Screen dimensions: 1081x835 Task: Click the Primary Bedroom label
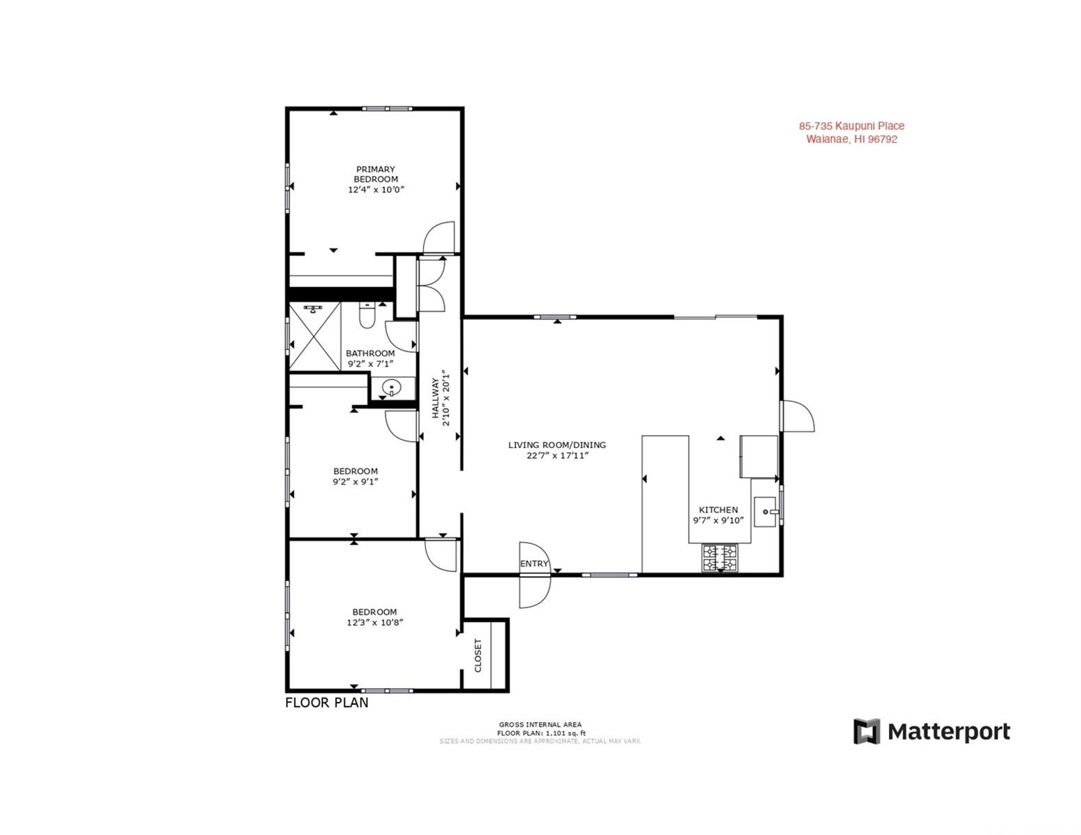(x=376, y=174)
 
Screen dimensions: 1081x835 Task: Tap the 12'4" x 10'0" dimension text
(x=376, y=189)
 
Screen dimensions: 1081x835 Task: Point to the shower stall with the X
(x=315, y=336)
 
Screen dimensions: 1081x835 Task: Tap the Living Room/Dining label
(x=557, y=445)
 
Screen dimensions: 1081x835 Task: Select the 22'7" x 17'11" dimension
(x=558, y=456)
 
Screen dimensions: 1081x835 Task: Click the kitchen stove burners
(x=719, y=557)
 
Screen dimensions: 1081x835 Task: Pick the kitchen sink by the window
(x=764, y=511)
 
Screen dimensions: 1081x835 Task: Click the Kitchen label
(x=718, y=510)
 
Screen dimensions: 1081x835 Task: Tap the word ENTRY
(x=534, y=564)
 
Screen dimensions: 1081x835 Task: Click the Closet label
(x=478, y=655)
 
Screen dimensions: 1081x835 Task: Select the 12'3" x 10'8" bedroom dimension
(x=374, y=622)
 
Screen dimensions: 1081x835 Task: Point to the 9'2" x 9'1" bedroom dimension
(x=355, y=482)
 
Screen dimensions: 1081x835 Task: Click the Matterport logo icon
(x=867, y=731)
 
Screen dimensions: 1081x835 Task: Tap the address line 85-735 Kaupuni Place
(x=852, y=127)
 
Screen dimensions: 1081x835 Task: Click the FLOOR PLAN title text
(x=327, y=703)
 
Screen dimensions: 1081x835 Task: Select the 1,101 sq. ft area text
(x=565, y=733)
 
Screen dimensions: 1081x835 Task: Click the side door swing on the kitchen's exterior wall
(x=798, y=416)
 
